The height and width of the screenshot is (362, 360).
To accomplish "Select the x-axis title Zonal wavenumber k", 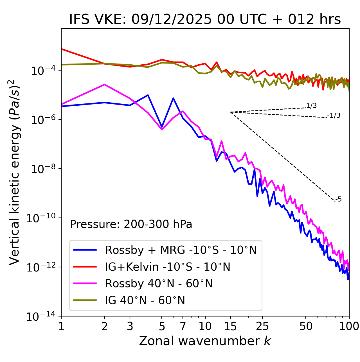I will point(205,341).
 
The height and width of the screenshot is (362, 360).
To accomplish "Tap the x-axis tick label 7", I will point(183,326).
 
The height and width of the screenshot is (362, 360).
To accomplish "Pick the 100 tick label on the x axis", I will point(349,326).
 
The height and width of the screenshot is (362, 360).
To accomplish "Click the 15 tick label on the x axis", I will point(230,326).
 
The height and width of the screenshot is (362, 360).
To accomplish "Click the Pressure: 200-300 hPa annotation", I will point(131,224).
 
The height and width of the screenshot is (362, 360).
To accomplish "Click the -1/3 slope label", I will point(334,116).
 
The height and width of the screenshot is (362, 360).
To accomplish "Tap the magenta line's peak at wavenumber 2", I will point(105,84).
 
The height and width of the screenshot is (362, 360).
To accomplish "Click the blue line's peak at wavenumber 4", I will point(148,95).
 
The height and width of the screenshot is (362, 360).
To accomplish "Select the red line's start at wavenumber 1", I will point(62,49).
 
